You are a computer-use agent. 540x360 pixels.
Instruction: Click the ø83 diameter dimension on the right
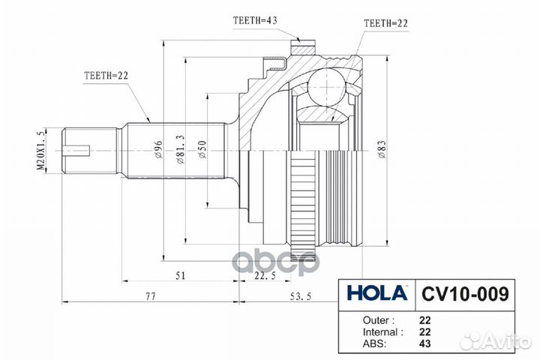[x=382, y=150]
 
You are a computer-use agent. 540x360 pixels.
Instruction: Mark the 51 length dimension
[x=181, y=275]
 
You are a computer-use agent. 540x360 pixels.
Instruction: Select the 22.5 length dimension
[x=260, y=275]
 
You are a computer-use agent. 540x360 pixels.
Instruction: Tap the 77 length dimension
[x=150, y=298]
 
